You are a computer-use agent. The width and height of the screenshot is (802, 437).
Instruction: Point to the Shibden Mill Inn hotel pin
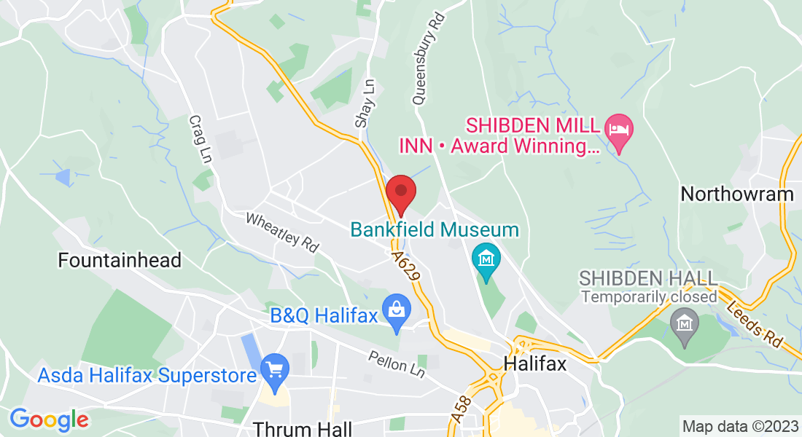coord(620,130)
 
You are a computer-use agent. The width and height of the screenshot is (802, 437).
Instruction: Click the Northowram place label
coord(736,194)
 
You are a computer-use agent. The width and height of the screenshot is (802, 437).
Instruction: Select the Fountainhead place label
coord(120,260)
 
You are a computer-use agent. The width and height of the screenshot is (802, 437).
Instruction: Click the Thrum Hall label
coord(302,428)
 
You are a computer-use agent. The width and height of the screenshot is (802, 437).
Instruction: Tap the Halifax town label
coord(534,363)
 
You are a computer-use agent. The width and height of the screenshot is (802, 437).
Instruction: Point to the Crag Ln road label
coord(198,140)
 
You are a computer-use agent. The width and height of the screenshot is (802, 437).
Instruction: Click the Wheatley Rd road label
coord(282,232)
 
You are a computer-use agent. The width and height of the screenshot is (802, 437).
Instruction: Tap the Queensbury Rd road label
coord(428,58)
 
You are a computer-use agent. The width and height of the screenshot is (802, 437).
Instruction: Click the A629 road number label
coord(407,267)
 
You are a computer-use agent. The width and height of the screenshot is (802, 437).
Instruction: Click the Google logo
coord(49,420)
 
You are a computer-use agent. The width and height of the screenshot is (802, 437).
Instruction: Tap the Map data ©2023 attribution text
coord(739,426)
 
